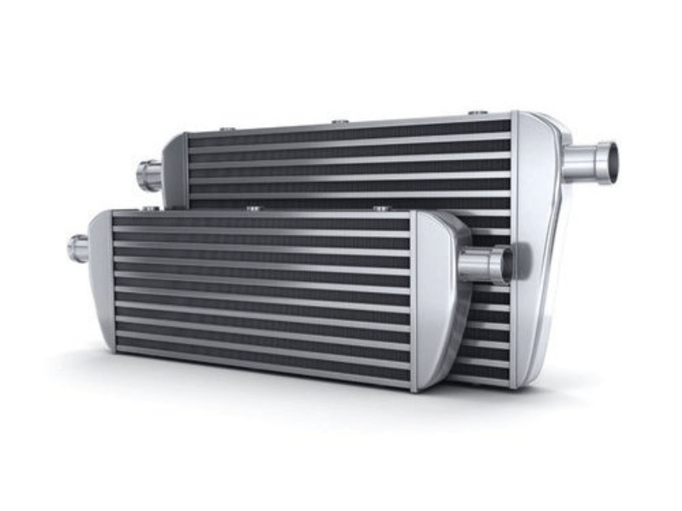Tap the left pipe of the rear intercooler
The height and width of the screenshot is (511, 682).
pyautogui.click(x=150, y=175)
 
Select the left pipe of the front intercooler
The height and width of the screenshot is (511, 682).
pyautogui.click(x=78, y=248)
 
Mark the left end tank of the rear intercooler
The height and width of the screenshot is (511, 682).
pyautogui.click(x=176, y=170)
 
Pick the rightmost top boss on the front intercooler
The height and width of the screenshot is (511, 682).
pyautogui.click(x=380, y=208)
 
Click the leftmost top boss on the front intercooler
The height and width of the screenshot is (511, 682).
pyautogui.click(x=150, y=207)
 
